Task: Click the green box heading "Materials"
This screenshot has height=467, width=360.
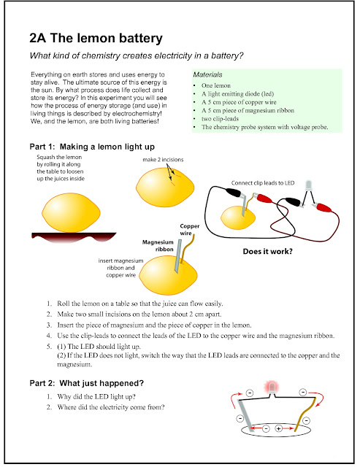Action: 210,75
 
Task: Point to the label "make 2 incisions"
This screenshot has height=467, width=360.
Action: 168,158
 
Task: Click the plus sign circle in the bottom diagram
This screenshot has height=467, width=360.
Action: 278,428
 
